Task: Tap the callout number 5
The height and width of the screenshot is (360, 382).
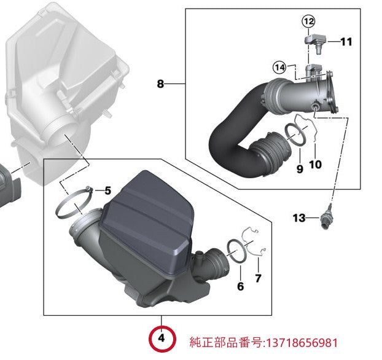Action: pos(107,190)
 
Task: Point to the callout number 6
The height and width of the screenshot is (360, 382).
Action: pos(240,286)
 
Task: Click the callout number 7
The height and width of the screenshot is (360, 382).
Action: pos(258,278)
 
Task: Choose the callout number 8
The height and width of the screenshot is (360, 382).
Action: pos(160,84)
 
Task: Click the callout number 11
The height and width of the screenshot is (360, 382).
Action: pos(346,42)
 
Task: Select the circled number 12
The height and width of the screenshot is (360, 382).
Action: pos(308,22)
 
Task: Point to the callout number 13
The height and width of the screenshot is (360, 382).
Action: pos(298,218)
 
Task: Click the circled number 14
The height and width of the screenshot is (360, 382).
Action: pos(279,67)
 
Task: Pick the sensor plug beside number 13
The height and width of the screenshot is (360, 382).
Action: pos(323,220)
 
